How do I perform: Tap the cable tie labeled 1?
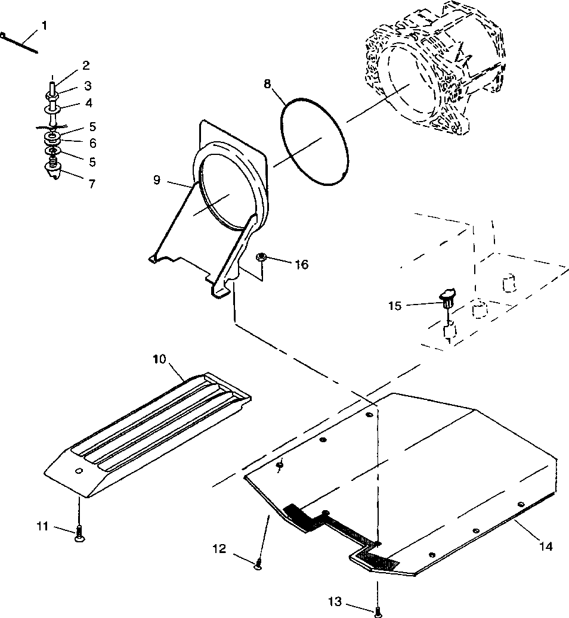pos(20,43)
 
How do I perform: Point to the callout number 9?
pos(156,179)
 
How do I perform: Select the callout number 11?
pos(42,526)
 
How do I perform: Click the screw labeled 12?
pos(258,563)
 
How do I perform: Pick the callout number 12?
pos(219,549)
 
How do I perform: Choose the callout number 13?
pos(335,602)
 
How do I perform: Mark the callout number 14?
pos(547,545)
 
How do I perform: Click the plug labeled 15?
pos(448,296)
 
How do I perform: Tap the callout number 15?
pos(395,305)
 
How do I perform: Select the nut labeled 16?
pos(261,257)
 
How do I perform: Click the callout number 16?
pos(302,264)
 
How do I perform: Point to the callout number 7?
pos(91,184)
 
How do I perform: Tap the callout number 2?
pos(86,65)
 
